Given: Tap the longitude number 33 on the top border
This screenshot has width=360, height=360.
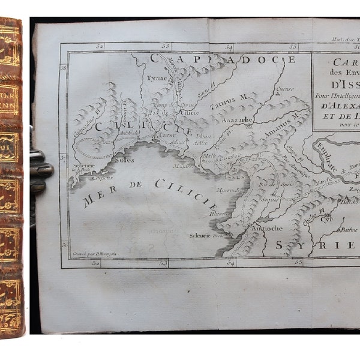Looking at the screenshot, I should [166, 46].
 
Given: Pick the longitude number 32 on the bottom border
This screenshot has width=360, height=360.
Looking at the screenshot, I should [96, 263].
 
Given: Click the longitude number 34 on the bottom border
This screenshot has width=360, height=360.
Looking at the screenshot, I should [230, 263].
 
